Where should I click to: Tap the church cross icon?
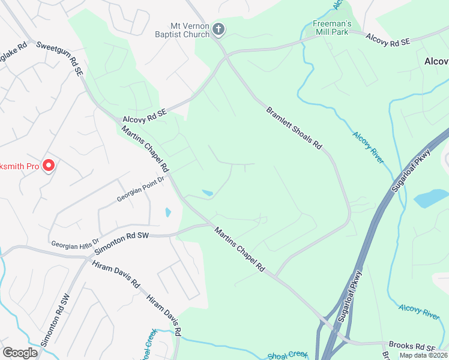218,29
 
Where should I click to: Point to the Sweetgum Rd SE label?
59,58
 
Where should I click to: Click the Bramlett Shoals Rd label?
294,129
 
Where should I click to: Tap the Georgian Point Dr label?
140,191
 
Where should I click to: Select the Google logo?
20,353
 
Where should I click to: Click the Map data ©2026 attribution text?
423,355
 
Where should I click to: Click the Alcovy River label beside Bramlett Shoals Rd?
368,147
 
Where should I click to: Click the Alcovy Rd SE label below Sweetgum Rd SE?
144,115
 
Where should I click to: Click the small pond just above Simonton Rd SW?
167,212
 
